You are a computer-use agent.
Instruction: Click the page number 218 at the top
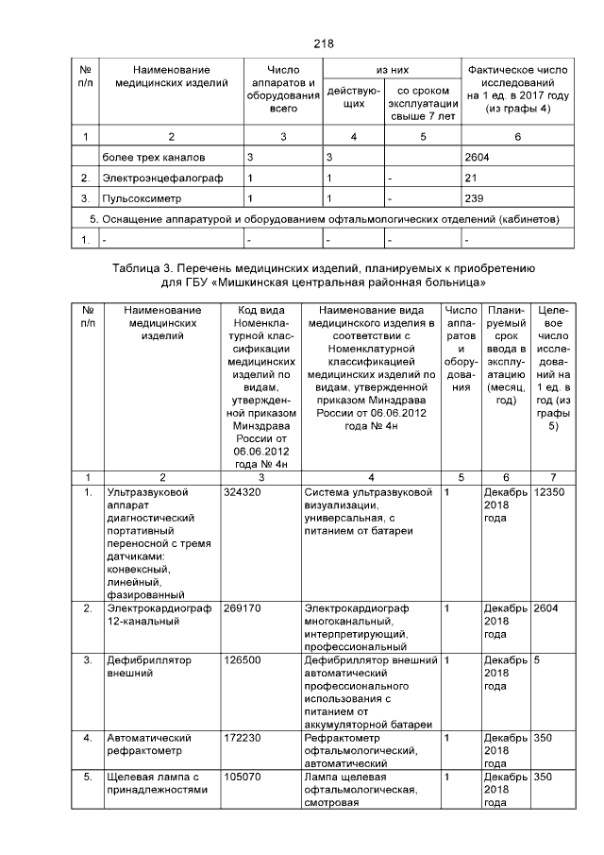[x=323, y=43]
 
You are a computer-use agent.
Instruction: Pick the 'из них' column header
[x=391, y=70]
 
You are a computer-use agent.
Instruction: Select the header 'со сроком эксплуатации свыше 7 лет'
[x=422, y=103]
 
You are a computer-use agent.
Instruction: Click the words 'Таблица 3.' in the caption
[x=139, y=268]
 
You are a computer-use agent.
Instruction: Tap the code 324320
[x=242, y=492]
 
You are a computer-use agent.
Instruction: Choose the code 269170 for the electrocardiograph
[x=242, y=608]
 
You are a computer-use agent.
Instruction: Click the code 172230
[x=242, y=736]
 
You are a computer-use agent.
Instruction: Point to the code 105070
[x=242, y=776]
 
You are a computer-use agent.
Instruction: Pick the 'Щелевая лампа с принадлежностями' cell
[x=157, y=782]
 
